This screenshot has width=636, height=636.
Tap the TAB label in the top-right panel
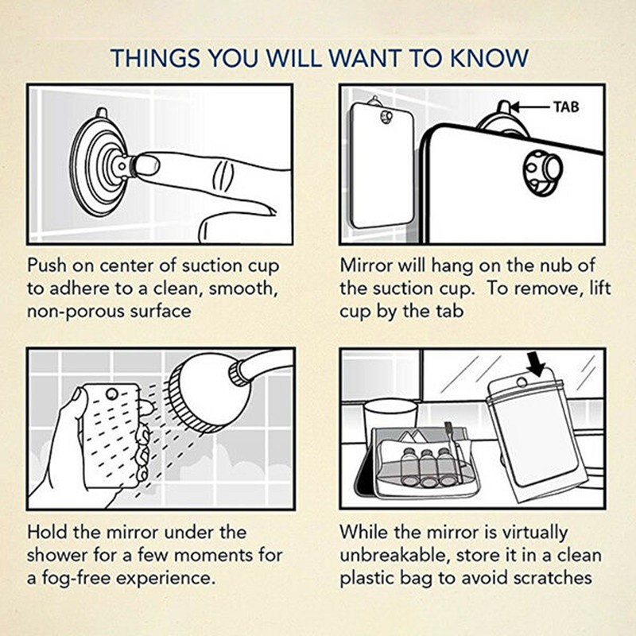coord(566,107)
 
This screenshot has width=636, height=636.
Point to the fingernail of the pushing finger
coord(148,166)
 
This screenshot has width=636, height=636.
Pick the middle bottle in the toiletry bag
coord(427,467)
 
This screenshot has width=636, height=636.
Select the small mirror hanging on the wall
coord(382,165)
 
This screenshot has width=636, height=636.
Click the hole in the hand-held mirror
coord(111,394)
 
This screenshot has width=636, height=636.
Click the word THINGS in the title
coord(155,58)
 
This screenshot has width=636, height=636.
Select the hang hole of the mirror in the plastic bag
coord(522,382)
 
